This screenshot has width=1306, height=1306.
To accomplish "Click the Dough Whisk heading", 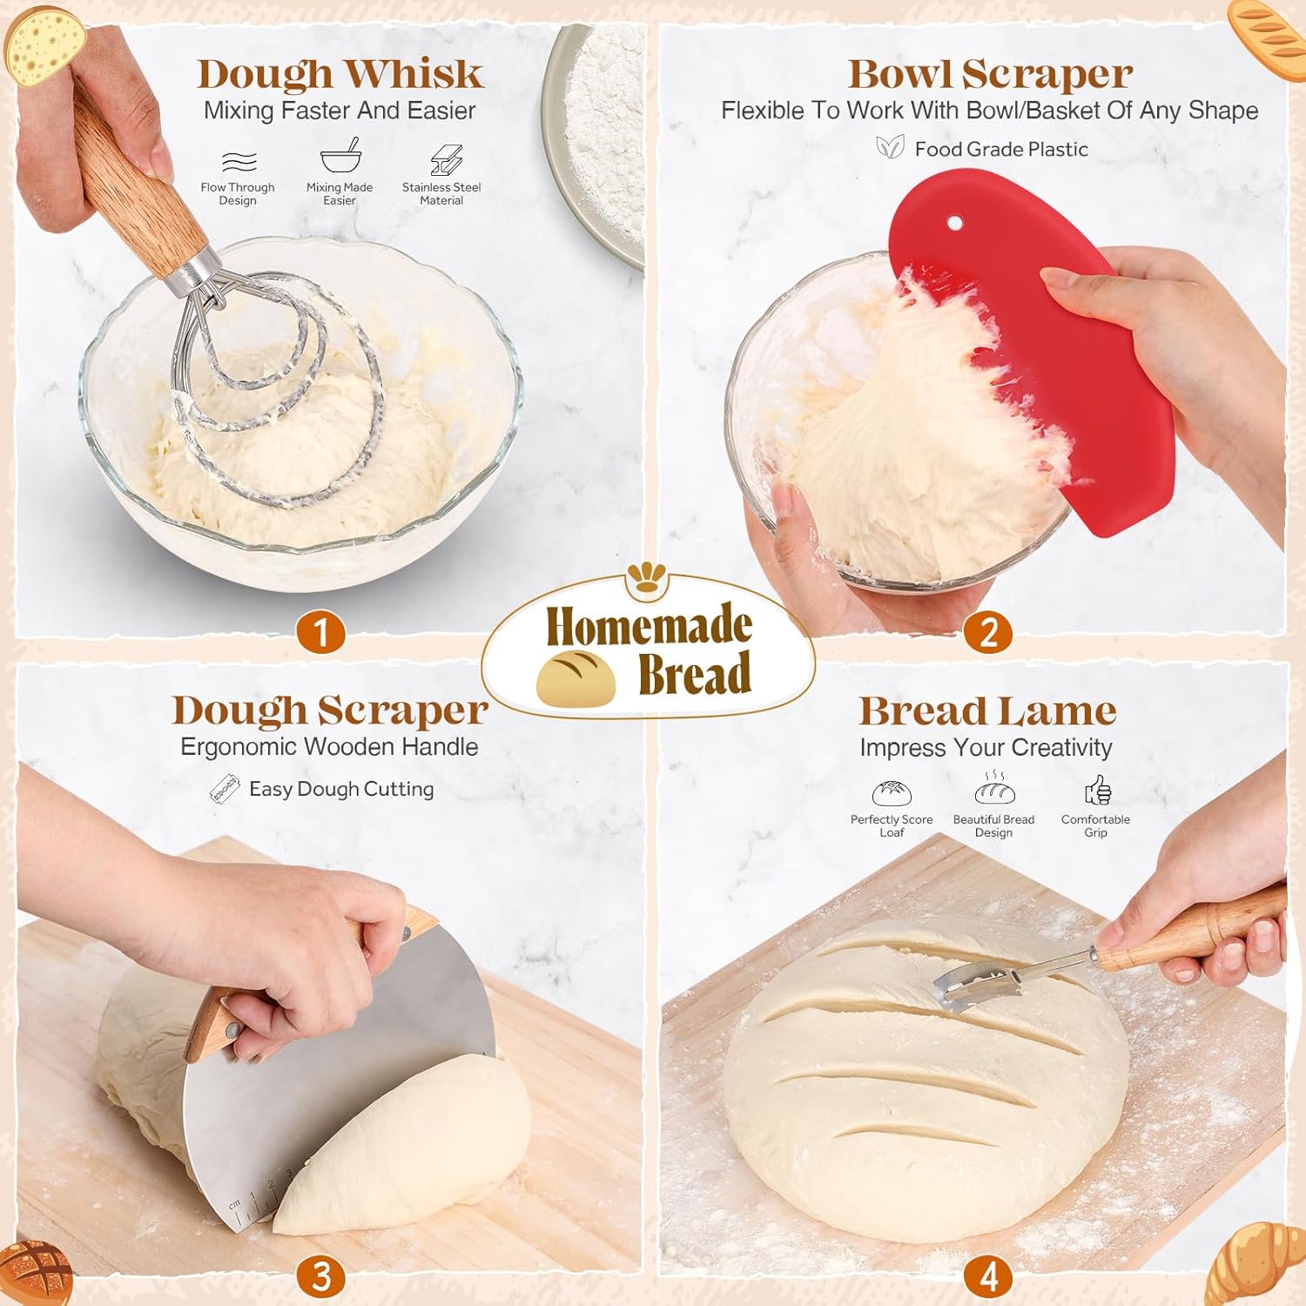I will pos(340,74).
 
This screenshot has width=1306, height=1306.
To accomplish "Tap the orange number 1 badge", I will pos(320,633).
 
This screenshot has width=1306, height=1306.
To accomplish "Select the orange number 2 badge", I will pos(988,633).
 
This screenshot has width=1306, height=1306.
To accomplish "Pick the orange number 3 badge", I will pos(321,1276).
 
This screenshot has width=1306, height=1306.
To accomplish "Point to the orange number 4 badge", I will pos(988,1276).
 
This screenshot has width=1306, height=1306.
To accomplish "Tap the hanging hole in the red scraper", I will pos(955,224).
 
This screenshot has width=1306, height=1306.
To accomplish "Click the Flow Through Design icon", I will pos(239,161).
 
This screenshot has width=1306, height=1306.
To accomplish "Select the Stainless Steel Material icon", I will pos(446,160).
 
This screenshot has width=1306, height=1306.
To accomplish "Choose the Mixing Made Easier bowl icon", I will pos(340,158).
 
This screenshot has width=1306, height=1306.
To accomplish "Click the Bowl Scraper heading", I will pos(990,74).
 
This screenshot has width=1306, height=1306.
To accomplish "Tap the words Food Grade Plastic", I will pos(1001,149).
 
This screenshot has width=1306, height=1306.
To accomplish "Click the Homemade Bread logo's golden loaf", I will pos(576,678).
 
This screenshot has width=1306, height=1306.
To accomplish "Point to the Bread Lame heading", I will pos(987,711).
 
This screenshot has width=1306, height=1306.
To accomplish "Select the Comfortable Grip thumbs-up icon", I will pos(1097,791).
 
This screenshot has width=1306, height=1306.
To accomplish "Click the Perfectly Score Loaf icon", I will pos(892,793).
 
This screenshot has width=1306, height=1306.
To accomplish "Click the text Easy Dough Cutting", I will pos(341,789).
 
